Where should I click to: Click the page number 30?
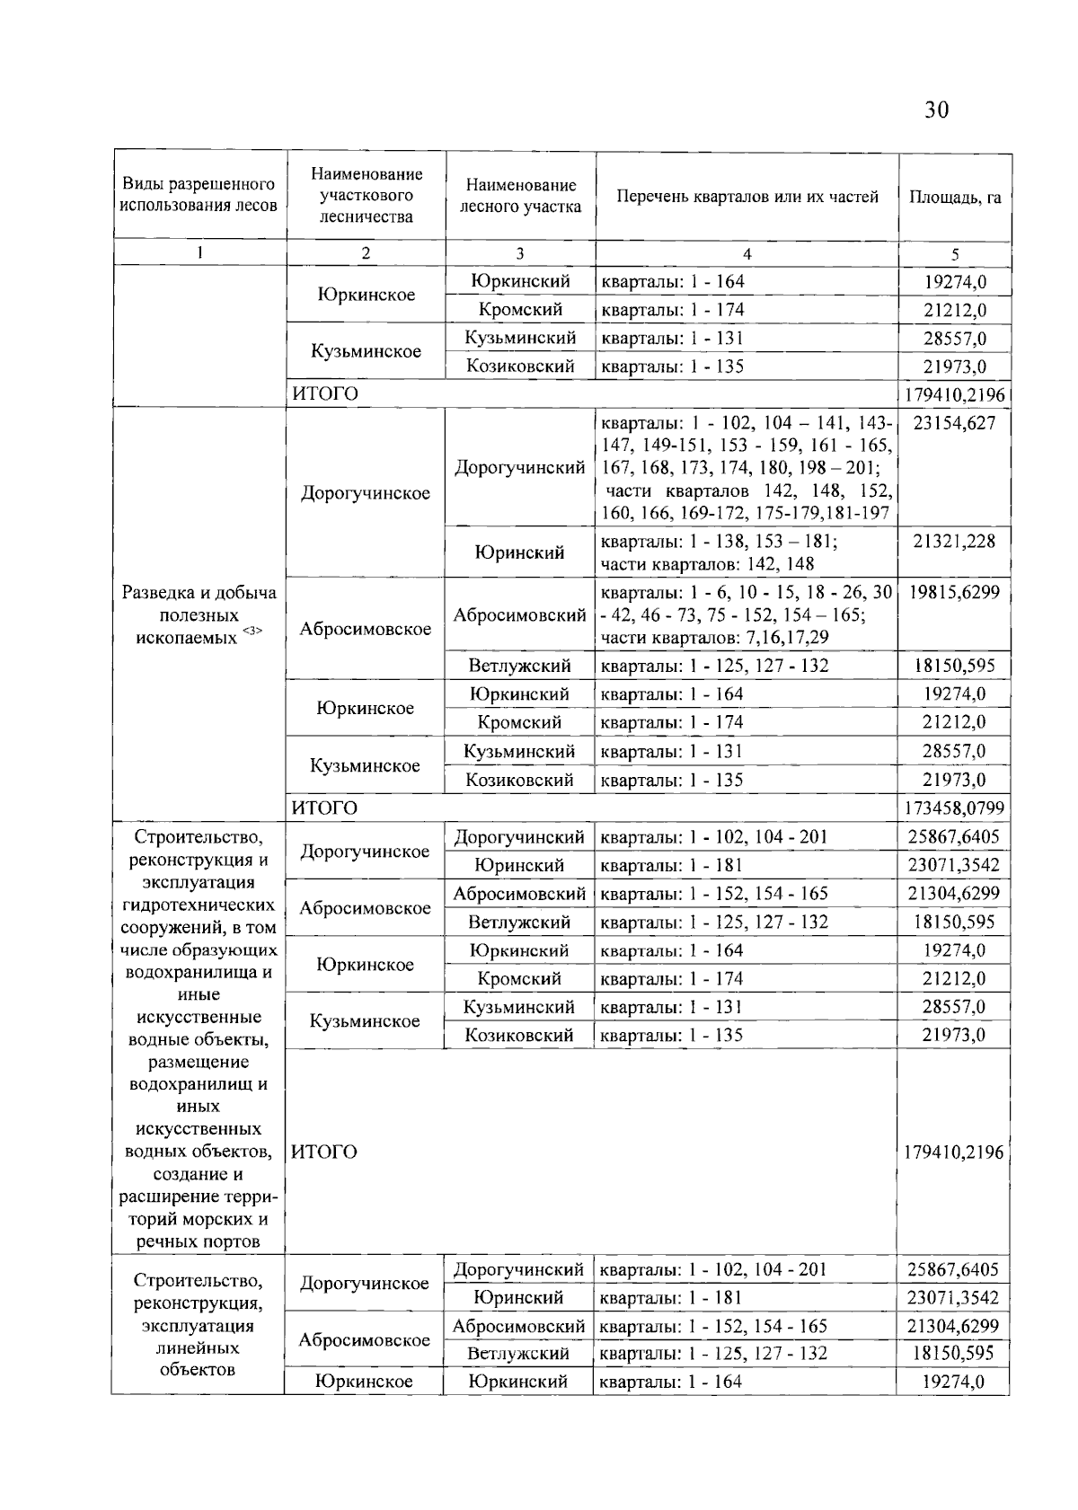[935, 110]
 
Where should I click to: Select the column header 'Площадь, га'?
[955, 197]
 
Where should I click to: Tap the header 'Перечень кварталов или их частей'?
[747, 197]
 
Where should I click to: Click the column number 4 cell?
[747, 253]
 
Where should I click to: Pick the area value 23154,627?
[954, 423]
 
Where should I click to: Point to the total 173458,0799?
[954, 808]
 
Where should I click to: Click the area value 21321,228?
[954, 541]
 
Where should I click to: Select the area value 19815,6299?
[954, 592]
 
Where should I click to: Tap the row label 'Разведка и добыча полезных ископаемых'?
[199, 615]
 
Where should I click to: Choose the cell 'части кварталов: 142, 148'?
[707, 564]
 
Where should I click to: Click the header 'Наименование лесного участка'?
[520, 196]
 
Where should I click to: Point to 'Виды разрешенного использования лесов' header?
[199, 195]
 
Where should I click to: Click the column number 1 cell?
[199, 253]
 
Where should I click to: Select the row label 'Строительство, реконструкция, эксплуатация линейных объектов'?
[197, 1325]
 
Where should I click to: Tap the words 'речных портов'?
[199, 1241]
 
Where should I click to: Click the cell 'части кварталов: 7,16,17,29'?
[714, 638]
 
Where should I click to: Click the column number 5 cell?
[955, 253]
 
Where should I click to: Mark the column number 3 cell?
[520, 253]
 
